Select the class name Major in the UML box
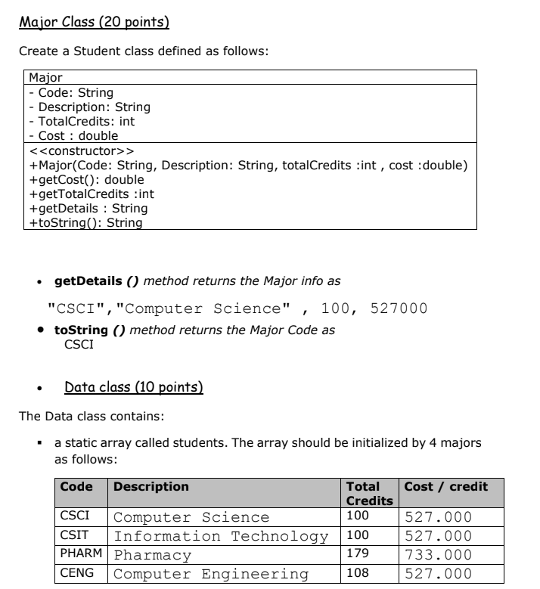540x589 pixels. point(45,77)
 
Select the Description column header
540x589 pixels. point(151,486)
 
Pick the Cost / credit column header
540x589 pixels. point(446,486)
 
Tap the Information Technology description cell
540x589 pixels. point(221,536)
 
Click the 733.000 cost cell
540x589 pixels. point(439,555)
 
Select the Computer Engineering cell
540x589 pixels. point(211,574)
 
